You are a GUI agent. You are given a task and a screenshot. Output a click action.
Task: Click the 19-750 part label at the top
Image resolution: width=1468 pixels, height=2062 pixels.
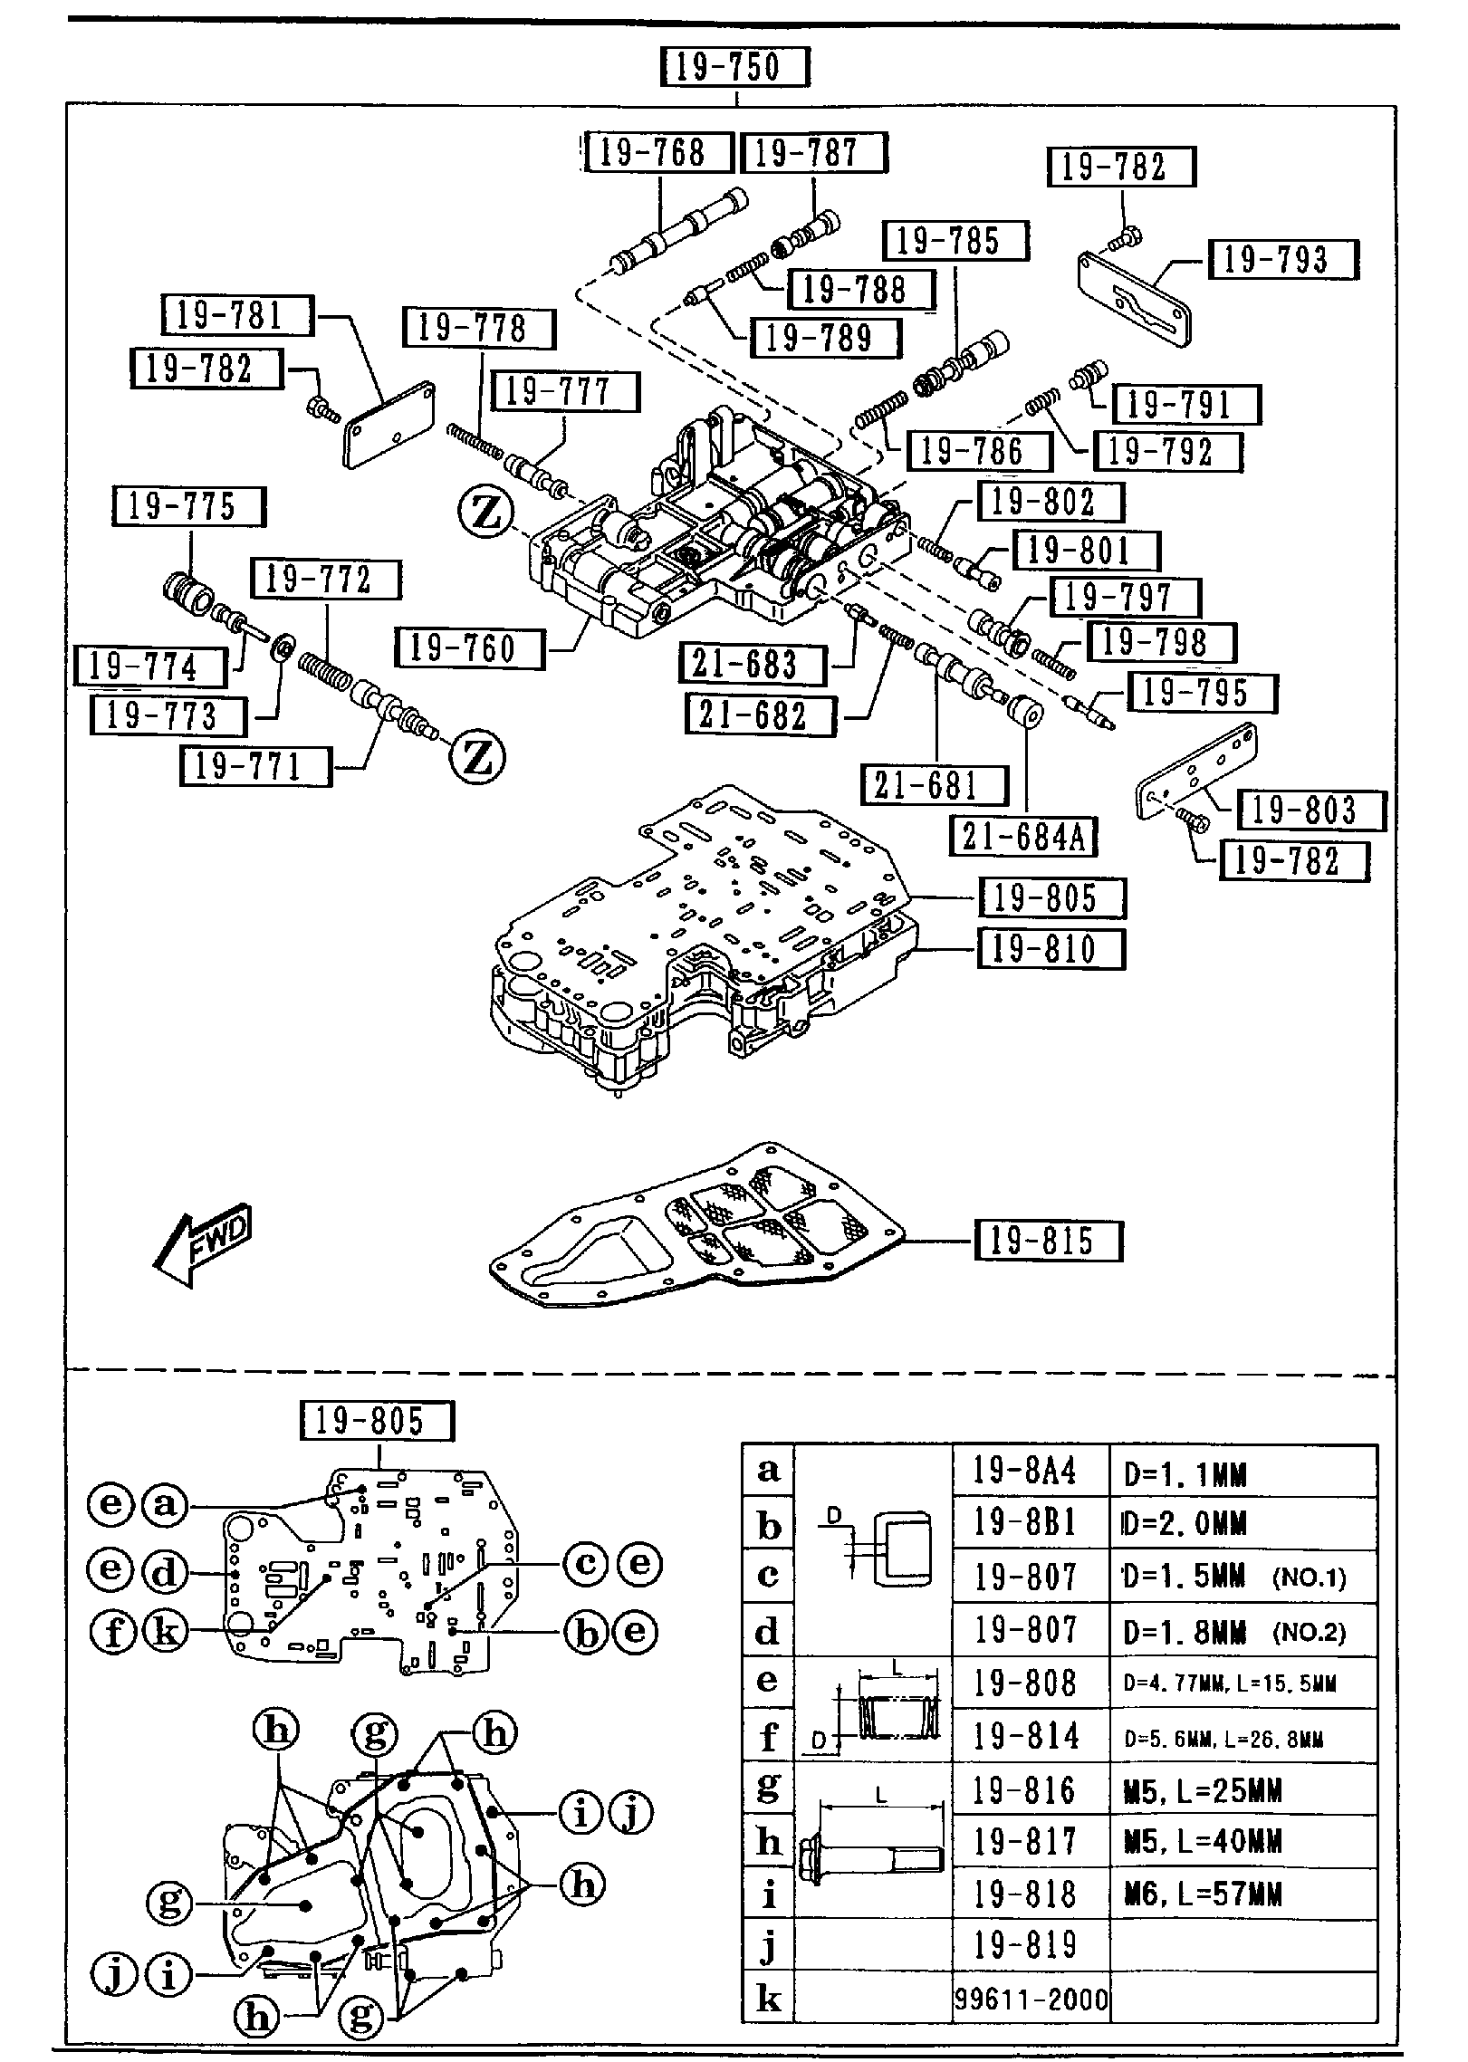[734, 66]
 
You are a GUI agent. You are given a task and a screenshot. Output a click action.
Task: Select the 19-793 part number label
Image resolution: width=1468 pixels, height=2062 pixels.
[1282, 260]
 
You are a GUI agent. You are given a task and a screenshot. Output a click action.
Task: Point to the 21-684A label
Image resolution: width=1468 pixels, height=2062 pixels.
[1023, 836]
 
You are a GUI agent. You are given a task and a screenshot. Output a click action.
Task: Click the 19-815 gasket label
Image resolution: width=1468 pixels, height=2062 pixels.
[1048, 1241]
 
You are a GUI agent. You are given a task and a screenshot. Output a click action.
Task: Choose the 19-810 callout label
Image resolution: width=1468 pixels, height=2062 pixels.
[1051, 950]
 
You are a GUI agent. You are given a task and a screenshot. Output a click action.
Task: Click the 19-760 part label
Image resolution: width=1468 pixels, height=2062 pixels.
[470, 648]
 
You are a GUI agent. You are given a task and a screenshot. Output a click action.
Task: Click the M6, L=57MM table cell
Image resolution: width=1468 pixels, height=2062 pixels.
[1243, 1894]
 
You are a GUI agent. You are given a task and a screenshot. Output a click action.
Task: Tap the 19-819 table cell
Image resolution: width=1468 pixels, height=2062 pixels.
[1031, 1944]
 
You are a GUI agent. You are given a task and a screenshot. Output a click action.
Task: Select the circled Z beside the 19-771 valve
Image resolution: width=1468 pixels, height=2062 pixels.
[477, 758]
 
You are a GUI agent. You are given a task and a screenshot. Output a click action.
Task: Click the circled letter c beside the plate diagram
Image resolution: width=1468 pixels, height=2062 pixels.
[586, 1562]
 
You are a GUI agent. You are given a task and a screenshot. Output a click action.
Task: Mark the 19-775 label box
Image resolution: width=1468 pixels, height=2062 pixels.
[189, 506]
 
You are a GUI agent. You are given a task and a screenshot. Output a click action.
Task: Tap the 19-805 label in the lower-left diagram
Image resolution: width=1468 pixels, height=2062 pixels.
[377, 1420]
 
